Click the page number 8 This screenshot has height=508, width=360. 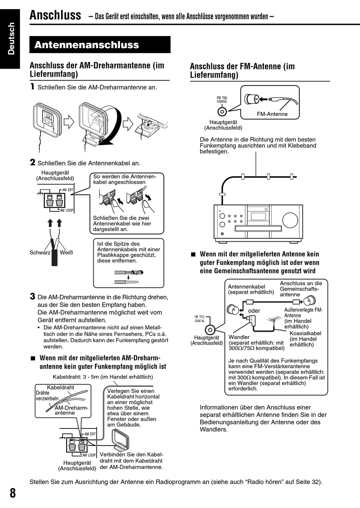(x=13, y=493)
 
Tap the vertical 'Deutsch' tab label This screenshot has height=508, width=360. (x=11, y=38)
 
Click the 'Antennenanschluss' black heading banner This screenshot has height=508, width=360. (x=100, y=45)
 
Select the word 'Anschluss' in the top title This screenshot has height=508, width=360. (x=55, y=15)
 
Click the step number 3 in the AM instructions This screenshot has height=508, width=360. (x=33, y=296)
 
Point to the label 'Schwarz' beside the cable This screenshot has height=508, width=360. (x=40, y=253)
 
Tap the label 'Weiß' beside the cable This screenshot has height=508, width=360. (x=66, y=253)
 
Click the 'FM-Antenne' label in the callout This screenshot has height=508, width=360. (x=272, y=114)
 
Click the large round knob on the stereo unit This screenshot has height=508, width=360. (x=290, y=220)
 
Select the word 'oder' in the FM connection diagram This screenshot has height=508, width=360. (x=254, y=311)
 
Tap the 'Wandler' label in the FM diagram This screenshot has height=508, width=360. (x=239, y=337)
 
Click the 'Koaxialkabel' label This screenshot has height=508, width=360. (x=305, y=333)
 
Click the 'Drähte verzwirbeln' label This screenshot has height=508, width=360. (x=47, y=396)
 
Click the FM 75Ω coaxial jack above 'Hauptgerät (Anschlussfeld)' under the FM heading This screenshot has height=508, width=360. (x=222, y=111)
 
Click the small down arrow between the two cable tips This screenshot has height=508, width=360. (x=128, y=277)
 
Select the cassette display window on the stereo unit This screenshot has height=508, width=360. (x=258, y=216)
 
